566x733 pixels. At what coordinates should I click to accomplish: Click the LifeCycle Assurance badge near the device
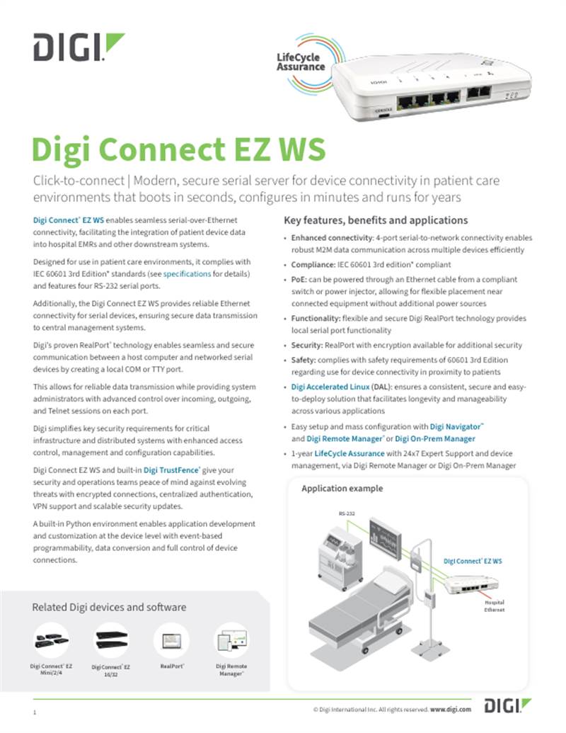301,62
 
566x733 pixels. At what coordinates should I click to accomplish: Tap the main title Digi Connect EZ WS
179,150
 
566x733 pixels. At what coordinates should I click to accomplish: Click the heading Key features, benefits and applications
375,220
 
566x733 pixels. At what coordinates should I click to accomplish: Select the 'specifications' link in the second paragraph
187,273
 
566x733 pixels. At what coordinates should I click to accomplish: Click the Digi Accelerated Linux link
330,387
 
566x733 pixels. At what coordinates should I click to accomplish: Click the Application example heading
342,489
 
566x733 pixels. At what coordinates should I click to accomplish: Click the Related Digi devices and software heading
109,607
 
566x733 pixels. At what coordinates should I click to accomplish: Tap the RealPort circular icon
171,642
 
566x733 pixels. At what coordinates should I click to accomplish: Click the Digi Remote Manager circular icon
231,642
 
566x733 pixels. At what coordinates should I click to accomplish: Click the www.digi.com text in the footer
451,708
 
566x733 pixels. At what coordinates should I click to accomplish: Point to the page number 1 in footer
34,710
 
